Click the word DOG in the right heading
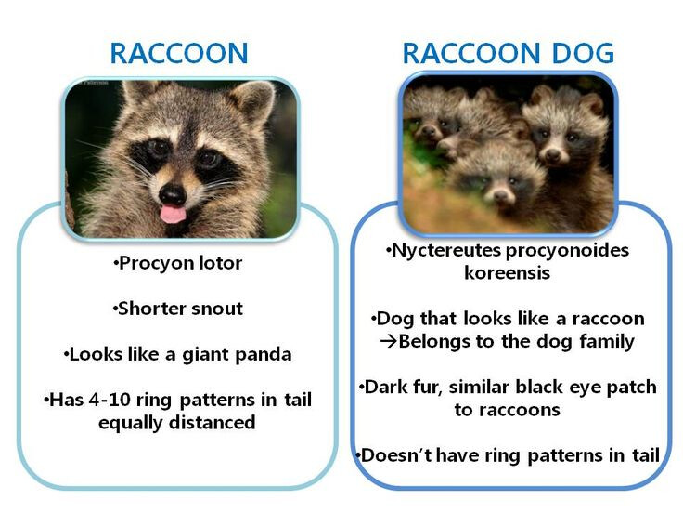click(x=583, y=53)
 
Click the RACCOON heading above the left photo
click(x=179, y=53)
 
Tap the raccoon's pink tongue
click(x=172, y=214)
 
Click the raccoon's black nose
click(x=173, y=194)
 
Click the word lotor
click(x=221, y=263)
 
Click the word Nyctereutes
click(x=446, y=251)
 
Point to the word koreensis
click(x=507, y=273)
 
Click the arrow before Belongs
click(x=389, y=341)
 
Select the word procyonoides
click(x=567, y=251)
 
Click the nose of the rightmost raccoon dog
click(x=553, y=154)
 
